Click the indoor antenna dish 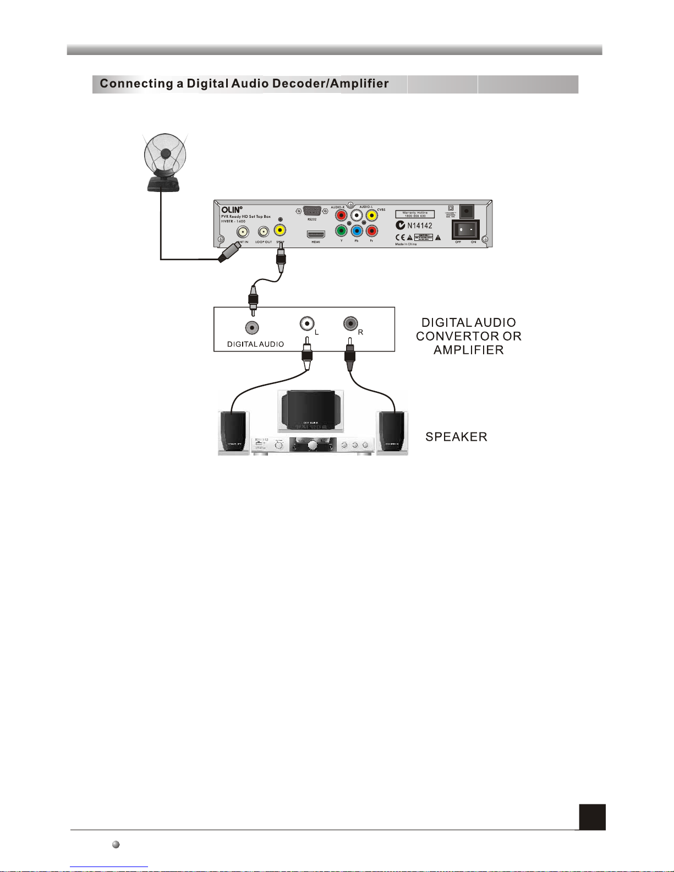point(164,155)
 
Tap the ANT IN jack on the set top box point(243,232)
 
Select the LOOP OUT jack point(264,232)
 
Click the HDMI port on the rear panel point(316,234)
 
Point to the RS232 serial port point(311,211)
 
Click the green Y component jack point(341,231)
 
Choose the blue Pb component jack point(357,231)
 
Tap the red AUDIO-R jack point(341,216)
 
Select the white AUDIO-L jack point(357,216)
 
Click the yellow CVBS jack point(372,216)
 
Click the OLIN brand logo point(231,210)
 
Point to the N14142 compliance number point(419,226)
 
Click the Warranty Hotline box point(415,214)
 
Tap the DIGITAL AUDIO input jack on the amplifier point(252,328)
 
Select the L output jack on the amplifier point(307,323)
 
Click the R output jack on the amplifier point(350,323)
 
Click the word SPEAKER point(456,437)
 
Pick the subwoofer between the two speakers point(311,410)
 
